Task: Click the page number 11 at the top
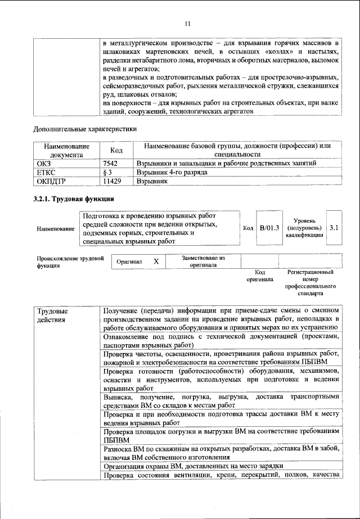[187, 24]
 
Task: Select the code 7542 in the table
[112, 163]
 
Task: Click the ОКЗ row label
[43, 163]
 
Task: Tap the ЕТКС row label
[46, 172]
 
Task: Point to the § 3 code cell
[110, 172]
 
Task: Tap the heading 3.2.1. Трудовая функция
[74, 199]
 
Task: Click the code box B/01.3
[269, 228]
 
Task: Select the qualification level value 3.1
[334, 228]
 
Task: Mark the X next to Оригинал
[156, 261]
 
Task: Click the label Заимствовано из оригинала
[203, 261]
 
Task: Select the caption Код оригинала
[259, 276]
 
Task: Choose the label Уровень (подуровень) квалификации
[304, 228]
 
